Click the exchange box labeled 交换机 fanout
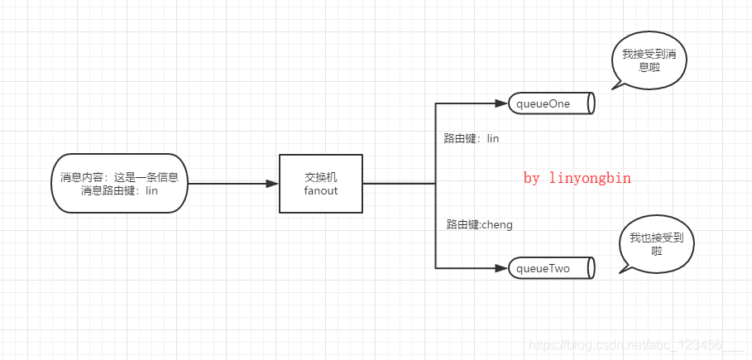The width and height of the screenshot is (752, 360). (321, 184)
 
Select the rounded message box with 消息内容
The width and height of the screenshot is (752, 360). (119, 184)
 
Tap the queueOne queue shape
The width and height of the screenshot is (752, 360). (551, 103)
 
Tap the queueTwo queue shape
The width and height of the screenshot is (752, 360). (551, 268)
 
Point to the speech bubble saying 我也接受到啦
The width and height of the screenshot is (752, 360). (657, 244)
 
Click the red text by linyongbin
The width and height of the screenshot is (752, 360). (577, 178)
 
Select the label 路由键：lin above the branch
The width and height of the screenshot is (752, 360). (471, 139)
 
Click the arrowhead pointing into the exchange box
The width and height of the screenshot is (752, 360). (272, 184)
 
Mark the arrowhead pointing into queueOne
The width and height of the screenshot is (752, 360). (500, 103)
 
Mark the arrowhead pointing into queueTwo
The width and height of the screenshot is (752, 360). (500, 268)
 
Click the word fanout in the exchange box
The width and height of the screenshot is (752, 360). (321, 191)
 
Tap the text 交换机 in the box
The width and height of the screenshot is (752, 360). (321, 176)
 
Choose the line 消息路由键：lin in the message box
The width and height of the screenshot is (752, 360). (119, 191)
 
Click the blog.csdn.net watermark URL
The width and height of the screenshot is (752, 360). (625, 344)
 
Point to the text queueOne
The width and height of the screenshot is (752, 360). (544, 103)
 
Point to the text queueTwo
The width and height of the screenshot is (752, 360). (544, 268)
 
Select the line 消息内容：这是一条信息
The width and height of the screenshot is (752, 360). (119, 177)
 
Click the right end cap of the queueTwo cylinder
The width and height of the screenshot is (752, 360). (591, 268)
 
